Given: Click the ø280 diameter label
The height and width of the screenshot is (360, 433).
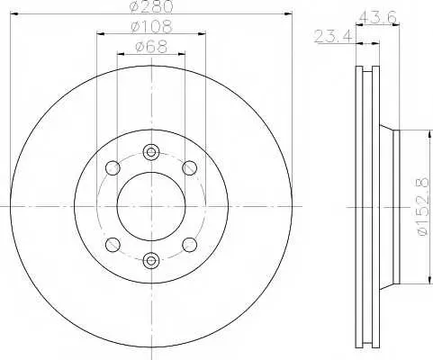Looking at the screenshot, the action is (x=152, y=6).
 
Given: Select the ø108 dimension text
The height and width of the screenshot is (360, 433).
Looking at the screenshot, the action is (x=152, y=27).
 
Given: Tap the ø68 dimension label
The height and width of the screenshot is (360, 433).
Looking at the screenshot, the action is (x=151, y=47).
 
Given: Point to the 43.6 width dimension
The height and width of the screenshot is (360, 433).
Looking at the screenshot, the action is (x=378, y=18).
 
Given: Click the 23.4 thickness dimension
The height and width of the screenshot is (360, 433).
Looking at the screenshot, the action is (x=333, y=36).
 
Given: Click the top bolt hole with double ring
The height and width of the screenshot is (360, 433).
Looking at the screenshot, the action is (x=150, y=152).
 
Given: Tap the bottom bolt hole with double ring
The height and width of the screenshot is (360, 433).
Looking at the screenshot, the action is (x=150, y=260).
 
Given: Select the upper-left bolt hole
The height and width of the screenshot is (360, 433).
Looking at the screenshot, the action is (x=113, y=167).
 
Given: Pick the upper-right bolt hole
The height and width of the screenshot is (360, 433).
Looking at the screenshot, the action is (x=190, y=167).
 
